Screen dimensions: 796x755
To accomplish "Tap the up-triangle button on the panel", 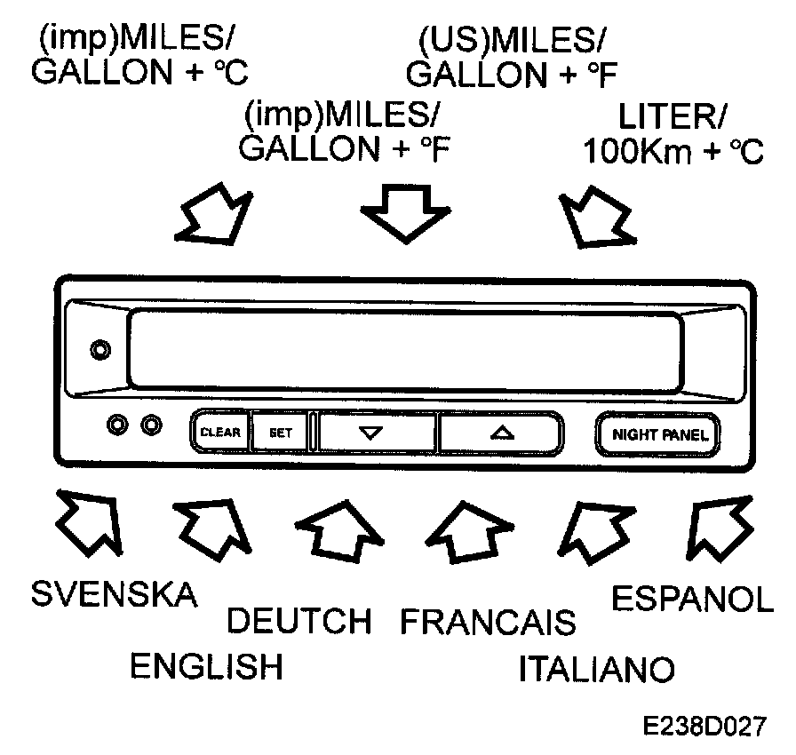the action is (x=502, y=433).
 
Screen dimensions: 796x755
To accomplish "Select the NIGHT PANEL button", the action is (x=658, y=434).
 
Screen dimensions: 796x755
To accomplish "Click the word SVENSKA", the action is (x=115, y=594).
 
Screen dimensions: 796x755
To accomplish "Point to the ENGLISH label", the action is (x=206, y=666).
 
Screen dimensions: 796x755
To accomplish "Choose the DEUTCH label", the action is (x=298, y=621).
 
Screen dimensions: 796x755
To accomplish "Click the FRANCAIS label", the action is (x=488, y=622).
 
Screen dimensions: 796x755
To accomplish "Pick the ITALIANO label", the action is (x=596, y=668).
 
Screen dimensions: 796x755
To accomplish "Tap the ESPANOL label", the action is (x=693, y=598).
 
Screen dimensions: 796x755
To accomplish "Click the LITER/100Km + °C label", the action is (x=673, y=135).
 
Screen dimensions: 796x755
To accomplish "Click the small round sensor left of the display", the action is (x=101, y=349).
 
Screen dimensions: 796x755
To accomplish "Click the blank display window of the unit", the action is (x=405, y=347).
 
